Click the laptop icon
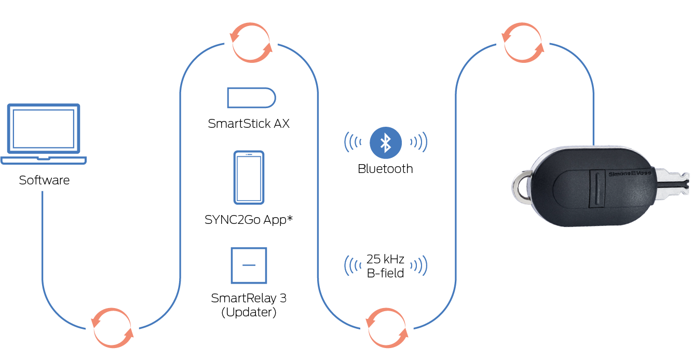coord(44,134)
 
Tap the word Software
coord(44,181)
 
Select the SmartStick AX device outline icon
coord(251,98)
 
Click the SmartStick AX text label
coord(249,124)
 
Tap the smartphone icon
coord(249,177)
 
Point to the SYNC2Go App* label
coord(249,220)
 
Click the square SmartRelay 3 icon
coord(249,265)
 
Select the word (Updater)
coord(249,312)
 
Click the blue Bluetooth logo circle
coord(385,142)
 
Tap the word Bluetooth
coord(385,169)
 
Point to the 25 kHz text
coord(385,259)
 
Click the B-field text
coord(385,273)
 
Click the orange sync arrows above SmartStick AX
coord(251,43)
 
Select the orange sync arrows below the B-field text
coord(386,328)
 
